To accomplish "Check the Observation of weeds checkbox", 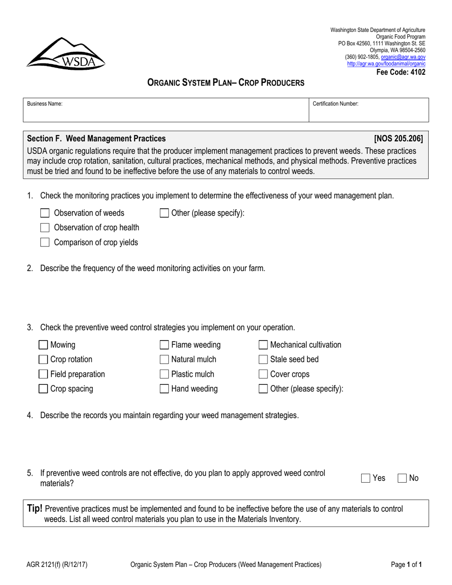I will pyautogui.click(x=45, y=213).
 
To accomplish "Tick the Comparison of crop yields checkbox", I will pyautogui.click(x=45, y=243).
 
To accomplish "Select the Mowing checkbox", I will pyautogui.click(x=43, y=345).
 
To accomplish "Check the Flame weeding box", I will pyautogui.click(x=164, y=345).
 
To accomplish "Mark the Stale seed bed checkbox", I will pyautogui.click(x=263, y=360).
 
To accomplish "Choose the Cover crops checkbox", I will pyautogui.click(x=263, y=374).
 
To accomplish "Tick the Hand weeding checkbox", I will pyautogui.click(x=164, y=389).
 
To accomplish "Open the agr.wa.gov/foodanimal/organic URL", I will pyautogui.click(x=386, y=63).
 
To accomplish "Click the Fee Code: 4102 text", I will pyautogui.click(x=401, y=72).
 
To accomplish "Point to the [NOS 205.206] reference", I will pyautogui.click(x=398, y=139).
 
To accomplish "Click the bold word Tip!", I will pyautogui.click(x=35, y=509).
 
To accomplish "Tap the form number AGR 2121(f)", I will pyautogui.click(x=57, y=565).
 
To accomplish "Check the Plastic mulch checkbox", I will pyautogui.click(x=164, y=374).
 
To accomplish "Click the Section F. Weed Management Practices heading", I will pyautogui.click(x=97, y=139).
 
